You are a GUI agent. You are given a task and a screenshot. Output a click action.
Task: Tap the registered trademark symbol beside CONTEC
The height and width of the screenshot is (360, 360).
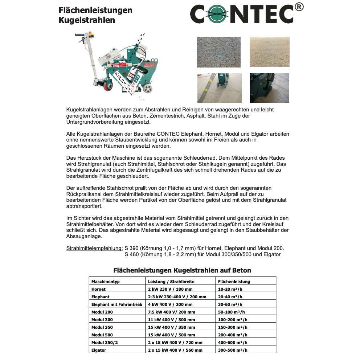pyautogui.click(x=299, y=7)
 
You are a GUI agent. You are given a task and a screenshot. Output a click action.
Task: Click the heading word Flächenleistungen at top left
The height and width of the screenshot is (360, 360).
pyautogui.click(x=95, y=10)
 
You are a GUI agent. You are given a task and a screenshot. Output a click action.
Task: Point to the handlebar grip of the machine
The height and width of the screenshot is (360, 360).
pyautogui.click(x=79, y=35)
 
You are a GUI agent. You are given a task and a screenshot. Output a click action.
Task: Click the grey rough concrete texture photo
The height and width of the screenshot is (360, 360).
pyautogui.click(x=218, y=52)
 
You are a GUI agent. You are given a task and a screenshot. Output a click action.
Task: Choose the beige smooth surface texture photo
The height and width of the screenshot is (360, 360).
pyautogui.click(x=269, y=52)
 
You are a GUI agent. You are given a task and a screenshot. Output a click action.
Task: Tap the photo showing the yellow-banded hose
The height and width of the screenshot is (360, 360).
pyautogui.click(x=219, y=88)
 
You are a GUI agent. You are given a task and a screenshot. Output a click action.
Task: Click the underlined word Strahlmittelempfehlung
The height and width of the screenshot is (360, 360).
pyautogui.click(x=94, y=248)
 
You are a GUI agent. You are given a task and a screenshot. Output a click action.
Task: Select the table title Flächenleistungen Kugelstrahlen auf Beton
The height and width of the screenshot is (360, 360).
pyautogui.click(x=182, y=270)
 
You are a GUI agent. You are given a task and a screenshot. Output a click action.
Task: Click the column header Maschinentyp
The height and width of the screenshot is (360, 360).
pyautogui.click(x=105, y=282)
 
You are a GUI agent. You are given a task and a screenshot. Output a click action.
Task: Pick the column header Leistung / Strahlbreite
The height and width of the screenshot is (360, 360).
pyautogui.click(x=171, y=282)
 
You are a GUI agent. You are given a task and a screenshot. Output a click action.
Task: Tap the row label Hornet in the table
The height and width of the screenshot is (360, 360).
pyautogui.click(x=98, y=289)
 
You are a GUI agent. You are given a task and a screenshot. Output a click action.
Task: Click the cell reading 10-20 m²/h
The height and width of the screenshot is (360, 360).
pyautogui.click(x=230, y=289)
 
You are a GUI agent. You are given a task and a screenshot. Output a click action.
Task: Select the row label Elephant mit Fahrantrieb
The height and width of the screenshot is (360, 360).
pyautogui.click(x=116, y=304)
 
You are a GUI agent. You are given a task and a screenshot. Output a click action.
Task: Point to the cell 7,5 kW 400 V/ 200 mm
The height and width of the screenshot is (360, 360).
pyautogui.click(x=171, y=312)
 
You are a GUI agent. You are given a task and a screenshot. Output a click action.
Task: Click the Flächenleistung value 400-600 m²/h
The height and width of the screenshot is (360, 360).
pyautogui.click(x=233, y=343)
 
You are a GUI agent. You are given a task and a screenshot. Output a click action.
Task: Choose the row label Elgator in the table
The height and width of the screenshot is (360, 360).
pyautogui.click(x=99, y=350)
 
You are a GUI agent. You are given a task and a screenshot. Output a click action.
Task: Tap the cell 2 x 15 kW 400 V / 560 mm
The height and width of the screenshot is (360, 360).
pyautogui.click(x=175, y=350)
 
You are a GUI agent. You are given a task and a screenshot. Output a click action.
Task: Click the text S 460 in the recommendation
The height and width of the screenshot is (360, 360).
pyautogui.click(x=131, y=254)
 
